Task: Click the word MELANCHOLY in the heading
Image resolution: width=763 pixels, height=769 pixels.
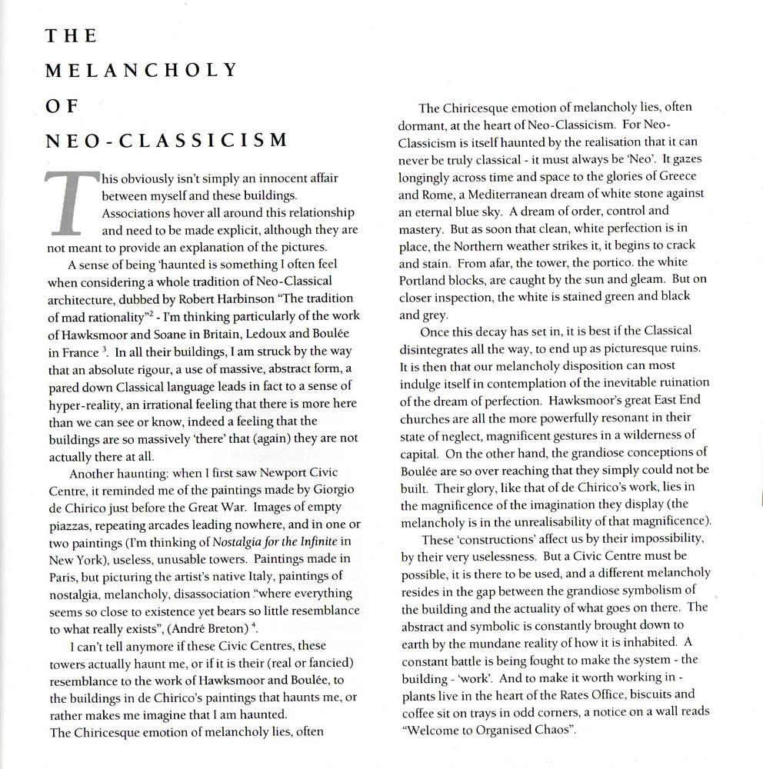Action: point(142,70)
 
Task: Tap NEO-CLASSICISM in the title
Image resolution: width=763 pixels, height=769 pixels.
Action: point(165,141)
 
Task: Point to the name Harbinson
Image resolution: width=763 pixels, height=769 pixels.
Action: point(253,299)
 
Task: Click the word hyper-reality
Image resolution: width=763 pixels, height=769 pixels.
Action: point(89,404)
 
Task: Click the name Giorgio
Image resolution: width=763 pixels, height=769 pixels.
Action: point(325,488)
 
